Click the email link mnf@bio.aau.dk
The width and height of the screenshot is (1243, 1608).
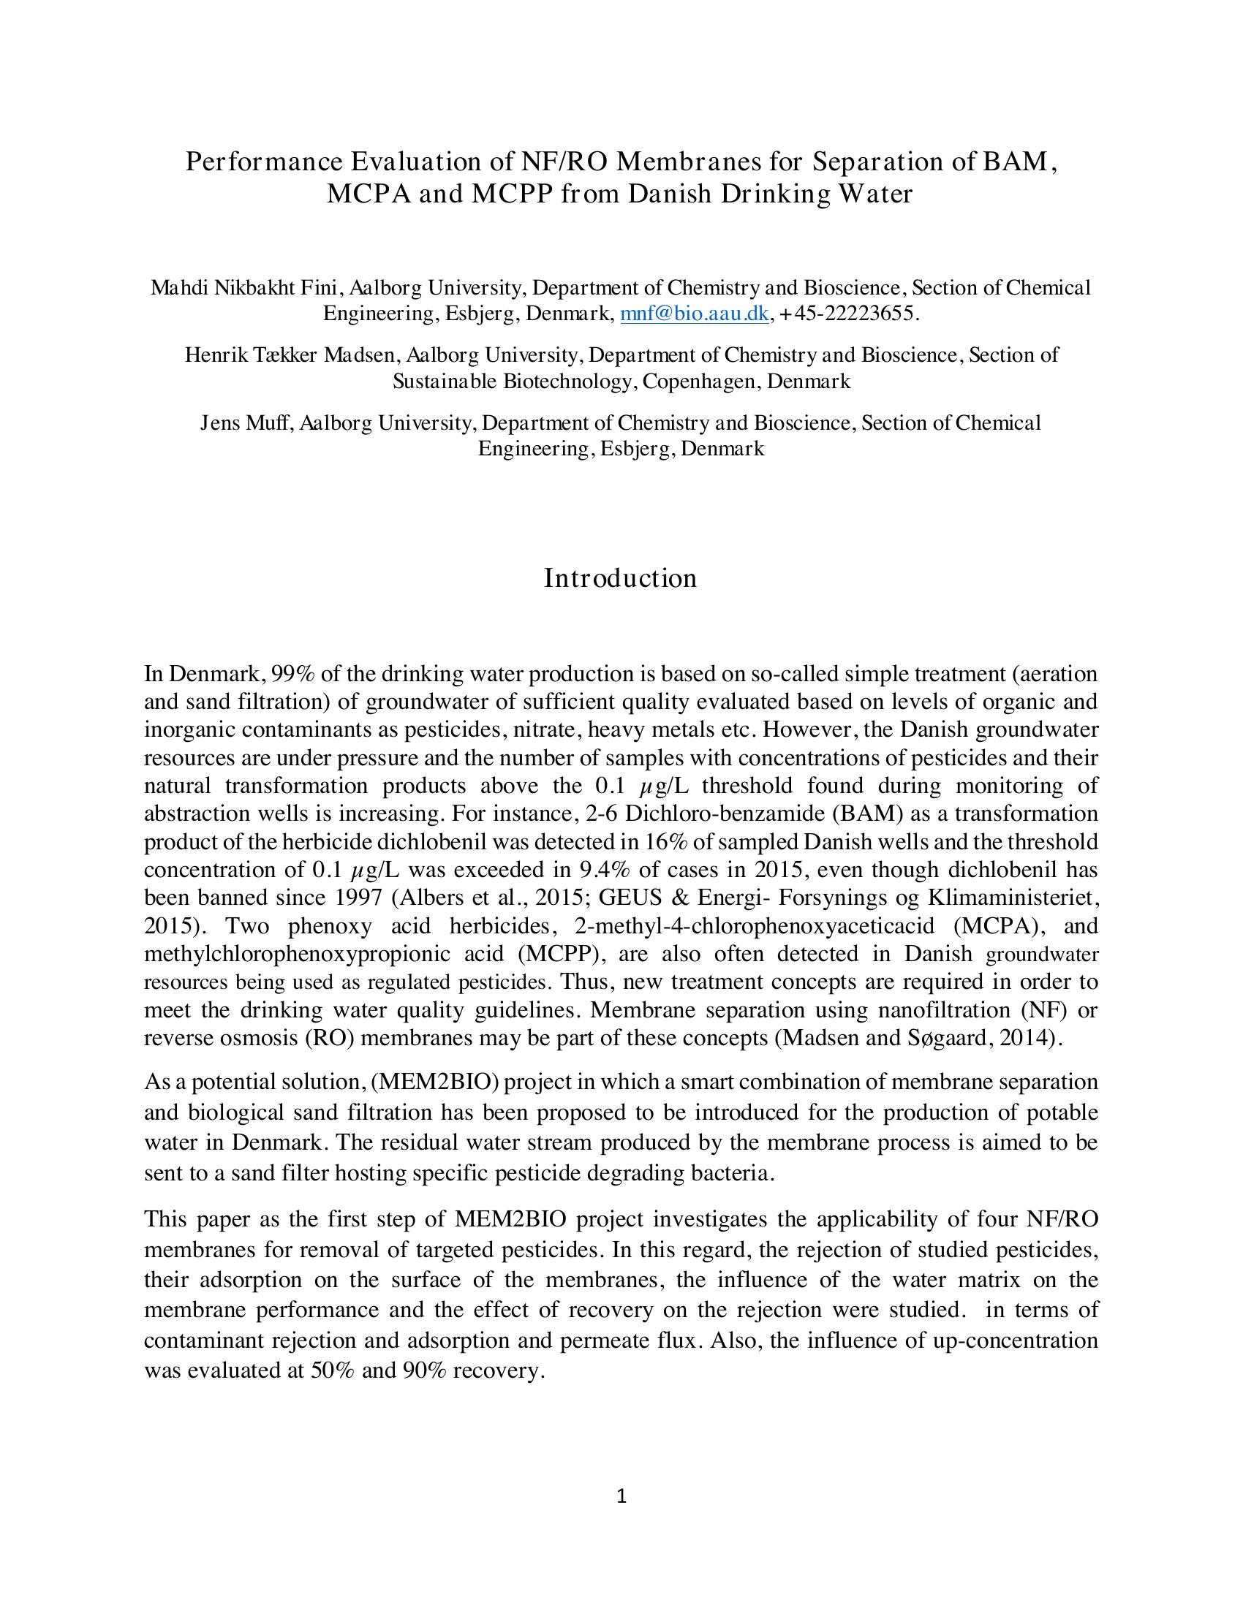click(x=695, y=314)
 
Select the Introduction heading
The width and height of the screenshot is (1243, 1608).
click(x=620, y=579)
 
